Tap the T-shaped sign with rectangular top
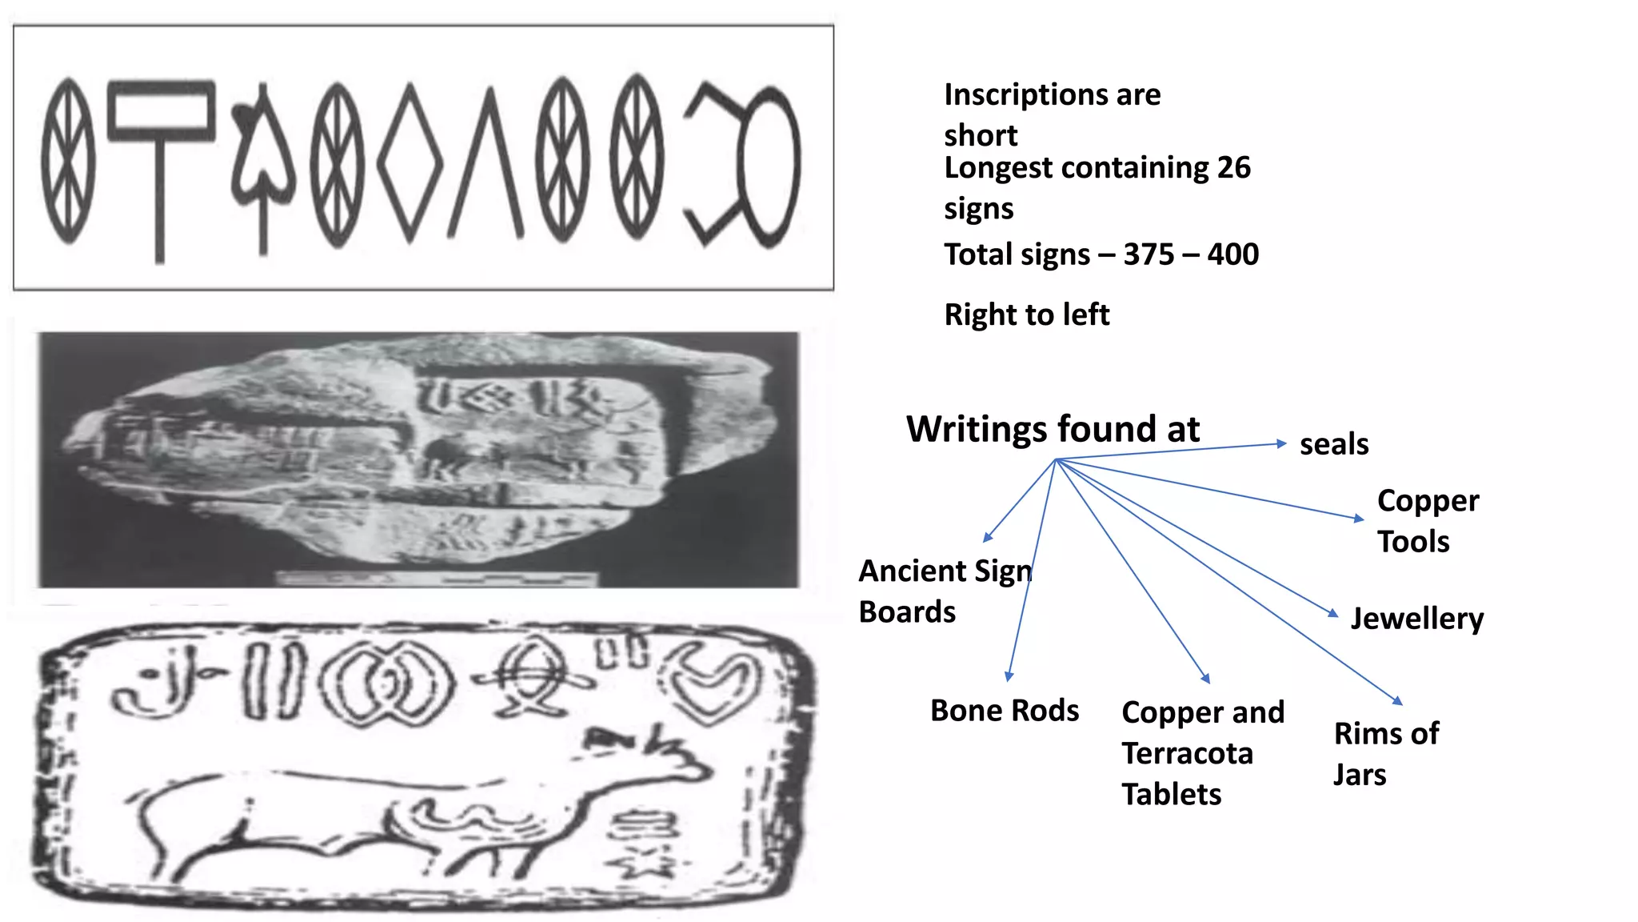point(161,160)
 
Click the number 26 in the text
point(1233,168)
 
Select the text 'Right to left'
point(1026,315)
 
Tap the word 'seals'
point(1333,444)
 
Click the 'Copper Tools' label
point(1428,520)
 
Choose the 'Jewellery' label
point(1416,619)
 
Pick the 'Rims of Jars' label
point(1386,753)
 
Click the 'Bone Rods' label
point(1005,711)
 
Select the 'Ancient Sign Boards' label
point(945,591)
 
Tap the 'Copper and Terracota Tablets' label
point(1202,752)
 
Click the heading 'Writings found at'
point(1053,429)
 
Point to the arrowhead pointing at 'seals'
point(1281,443)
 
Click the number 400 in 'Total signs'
point(1232,255)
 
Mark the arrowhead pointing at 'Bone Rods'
point(1009,676)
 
